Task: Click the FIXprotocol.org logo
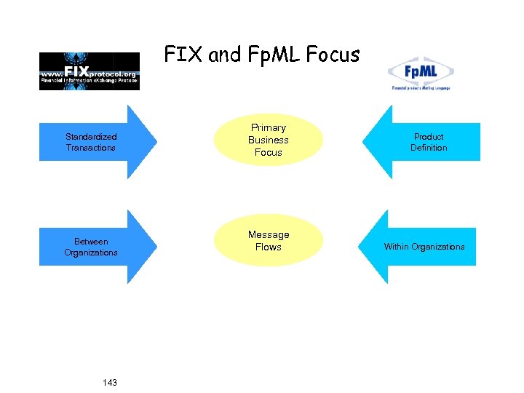point(90,71)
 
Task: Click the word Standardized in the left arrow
point(91,137)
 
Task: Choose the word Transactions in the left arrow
point(91,148)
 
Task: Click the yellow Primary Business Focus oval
point(268,140)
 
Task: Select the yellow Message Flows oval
point(268,241)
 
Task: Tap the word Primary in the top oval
point(269,128)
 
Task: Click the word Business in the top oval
point(269,140)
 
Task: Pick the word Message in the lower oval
point(269,234)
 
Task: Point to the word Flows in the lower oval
point(269,247)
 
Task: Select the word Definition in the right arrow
point(429,148)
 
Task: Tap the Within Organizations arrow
point(424,247)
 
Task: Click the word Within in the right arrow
point(397,247)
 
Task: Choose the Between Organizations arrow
point(95,247)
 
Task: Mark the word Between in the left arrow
point(91,242)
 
